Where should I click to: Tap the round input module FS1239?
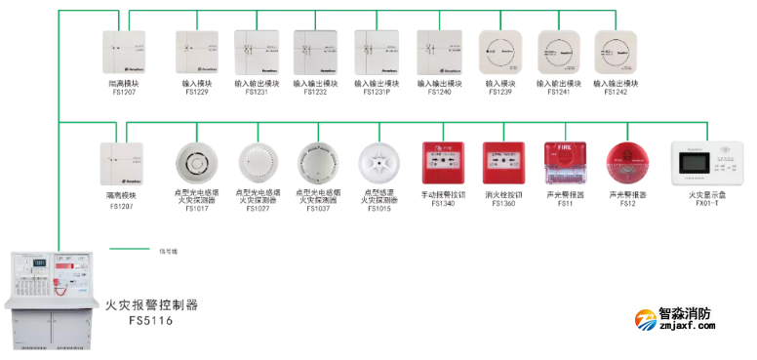click(x=499, y=52)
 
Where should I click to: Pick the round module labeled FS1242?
click(x=617, y=52)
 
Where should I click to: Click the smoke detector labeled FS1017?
click(x=196, y=163)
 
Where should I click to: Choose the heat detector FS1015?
click(x=378, y=163)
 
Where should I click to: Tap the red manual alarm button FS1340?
click(x=438, y=163)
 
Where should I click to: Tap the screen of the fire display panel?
click(x=699, y=168)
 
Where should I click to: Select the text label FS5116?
click(x=150, y=319)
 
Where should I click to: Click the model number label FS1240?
click(x=438, y=92)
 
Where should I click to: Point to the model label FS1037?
click(x=318, y=208)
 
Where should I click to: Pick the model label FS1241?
click(x=557, y=92)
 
